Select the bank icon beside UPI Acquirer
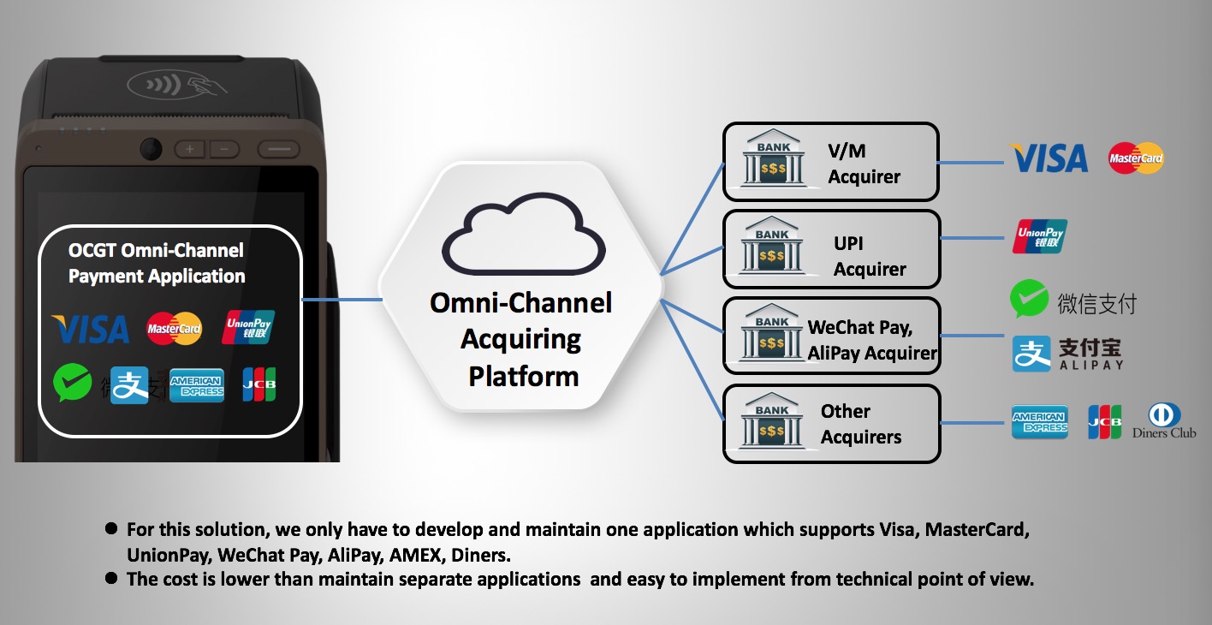click(772, 248)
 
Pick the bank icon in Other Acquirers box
click(772, 424)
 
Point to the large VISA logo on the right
click(1049, 158)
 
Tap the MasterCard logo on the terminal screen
click(174, 328)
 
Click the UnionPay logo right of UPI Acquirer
click(1039, 236)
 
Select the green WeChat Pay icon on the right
click(1029, 300)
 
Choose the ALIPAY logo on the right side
click(1066, 354)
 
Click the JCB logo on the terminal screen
click(258, 384)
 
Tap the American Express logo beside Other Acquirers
click(1039, 422)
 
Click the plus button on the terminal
click(189, 149)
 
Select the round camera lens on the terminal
click(151, 147)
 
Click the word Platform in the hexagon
click(523, 376)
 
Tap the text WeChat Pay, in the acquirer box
click(859, 327)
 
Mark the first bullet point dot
click(111, 529)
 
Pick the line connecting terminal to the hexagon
click(342, 300)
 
